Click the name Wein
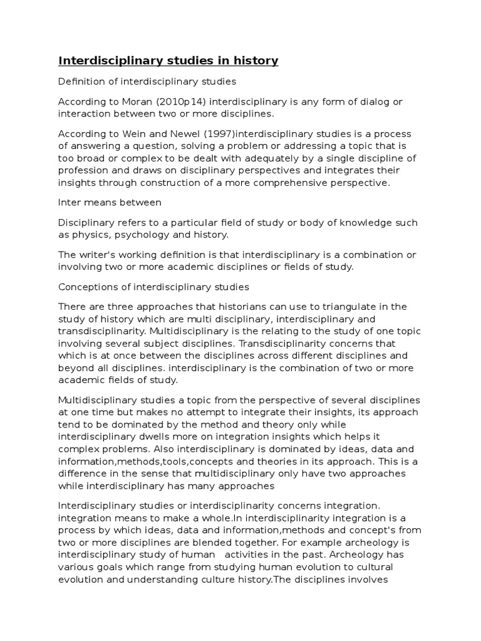(x=132, y=135)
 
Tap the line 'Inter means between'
(x=110, y=202)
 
